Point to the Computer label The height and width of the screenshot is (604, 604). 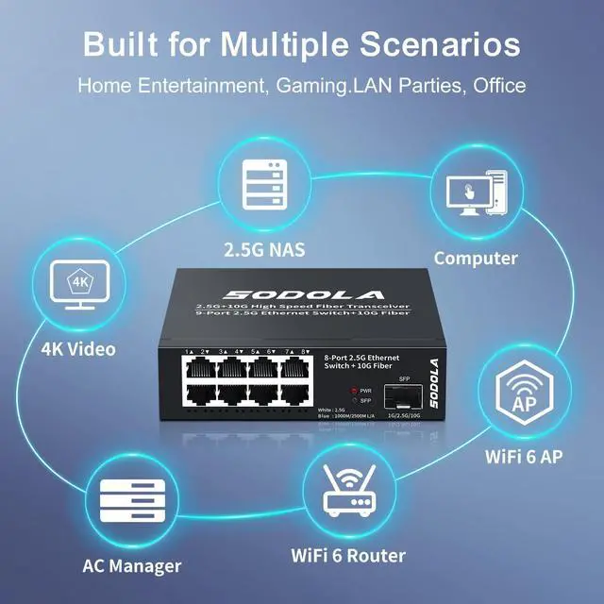pyautogui.click(x=476, y=258)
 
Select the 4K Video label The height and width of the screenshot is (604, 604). pyautogui.click(x=78, y=349)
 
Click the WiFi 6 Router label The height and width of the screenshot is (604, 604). pyautogui.click(x=348, y=555)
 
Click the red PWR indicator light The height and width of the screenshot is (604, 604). pyautogui.click(x=353, y=389)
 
